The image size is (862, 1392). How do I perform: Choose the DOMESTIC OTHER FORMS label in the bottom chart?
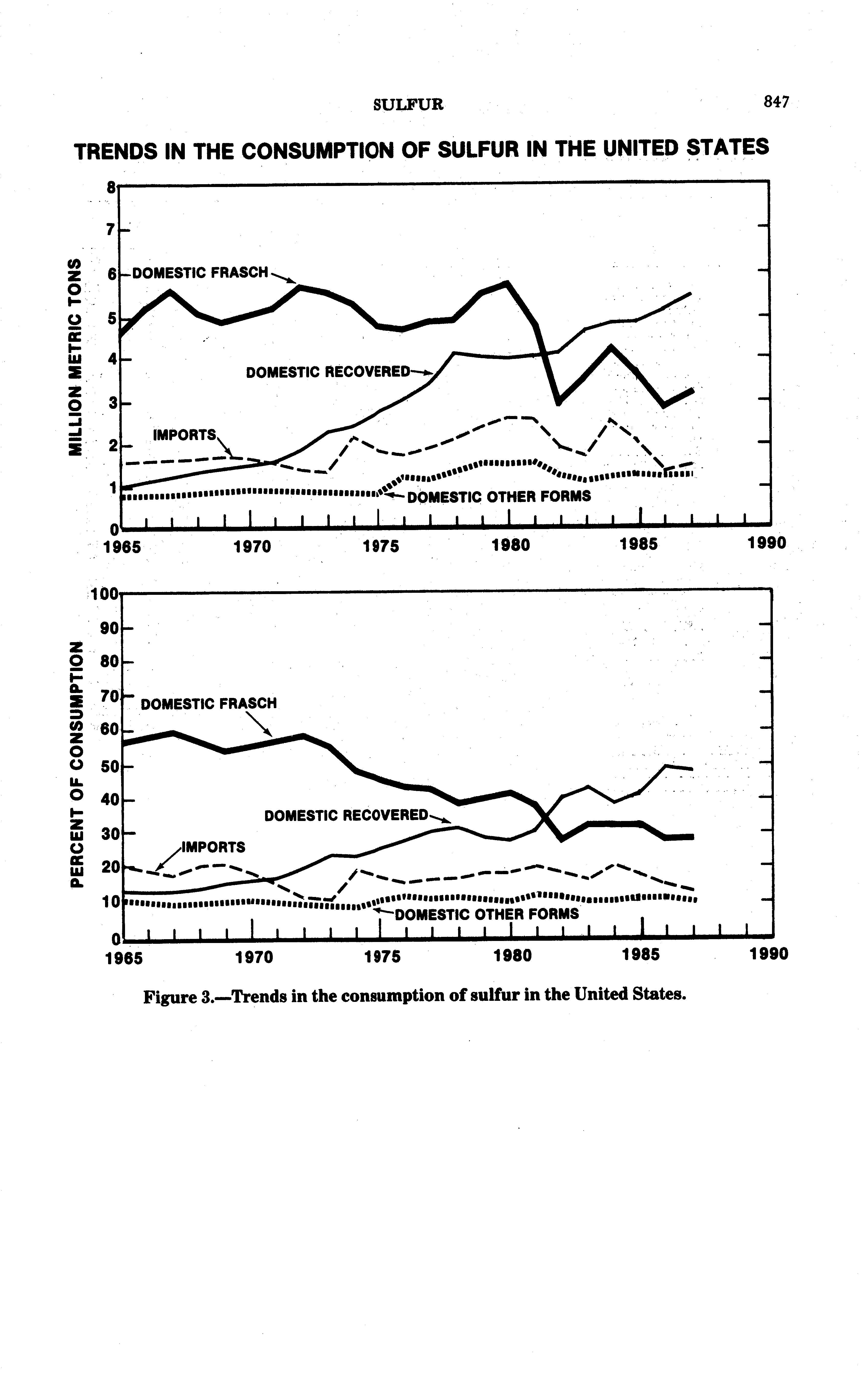[486, 914]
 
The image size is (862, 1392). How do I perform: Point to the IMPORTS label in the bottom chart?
[213, 847]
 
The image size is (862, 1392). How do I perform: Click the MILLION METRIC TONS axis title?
[74, 357]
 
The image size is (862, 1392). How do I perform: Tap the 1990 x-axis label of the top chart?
[767, 543]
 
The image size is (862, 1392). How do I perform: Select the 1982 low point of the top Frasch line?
[558, 402]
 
